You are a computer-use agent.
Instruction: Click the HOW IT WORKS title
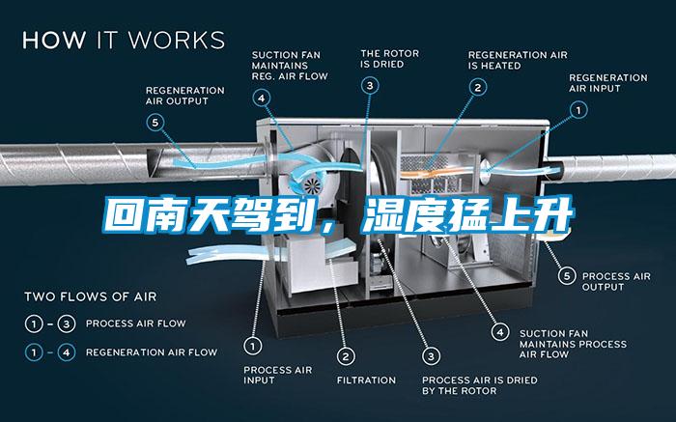124,40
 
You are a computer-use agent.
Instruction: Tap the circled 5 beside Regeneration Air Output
155,123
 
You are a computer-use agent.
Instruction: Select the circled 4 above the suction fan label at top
262,98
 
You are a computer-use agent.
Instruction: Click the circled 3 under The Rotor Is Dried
370,86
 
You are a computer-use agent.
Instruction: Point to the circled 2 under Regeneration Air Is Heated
478,88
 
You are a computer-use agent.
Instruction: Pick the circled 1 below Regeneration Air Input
578,110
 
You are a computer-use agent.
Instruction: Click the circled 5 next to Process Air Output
567,276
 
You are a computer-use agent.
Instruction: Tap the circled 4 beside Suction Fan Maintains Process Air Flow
500,332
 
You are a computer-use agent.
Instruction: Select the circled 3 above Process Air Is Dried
431,356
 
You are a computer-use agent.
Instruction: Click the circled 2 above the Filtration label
346,356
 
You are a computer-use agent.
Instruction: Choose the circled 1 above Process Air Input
253,346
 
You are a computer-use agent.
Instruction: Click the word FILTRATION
366,380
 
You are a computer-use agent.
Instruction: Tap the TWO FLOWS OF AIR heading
91,296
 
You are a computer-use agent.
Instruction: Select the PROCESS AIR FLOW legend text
136,324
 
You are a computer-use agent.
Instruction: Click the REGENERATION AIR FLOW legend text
152,352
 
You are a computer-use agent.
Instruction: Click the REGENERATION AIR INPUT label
607,83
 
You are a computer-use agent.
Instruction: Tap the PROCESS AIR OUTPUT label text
616,281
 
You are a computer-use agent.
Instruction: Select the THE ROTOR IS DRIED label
390,59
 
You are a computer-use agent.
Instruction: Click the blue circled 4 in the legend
67,352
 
